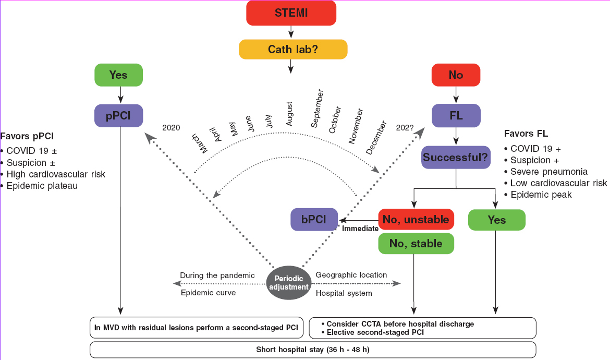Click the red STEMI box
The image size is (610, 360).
tap(291, 13)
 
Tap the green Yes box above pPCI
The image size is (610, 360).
tap(118, 75)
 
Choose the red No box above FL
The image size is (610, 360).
tap(456, 75)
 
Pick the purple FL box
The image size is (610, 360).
tap(456, 115)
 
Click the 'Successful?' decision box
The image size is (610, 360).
tap(456, 157)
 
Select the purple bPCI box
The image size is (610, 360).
tap(314, 220)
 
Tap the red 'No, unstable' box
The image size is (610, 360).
tap(416, 220)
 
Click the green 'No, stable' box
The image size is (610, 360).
tap(416, 244)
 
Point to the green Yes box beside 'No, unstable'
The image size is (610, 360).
tap(496, 220)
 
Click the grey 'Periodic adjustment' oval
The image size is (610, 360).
tap(288, 283)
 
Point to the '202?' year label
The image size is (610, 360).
tap(405, 127)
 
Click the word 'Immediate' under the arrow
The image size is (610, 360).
tap(359, 229)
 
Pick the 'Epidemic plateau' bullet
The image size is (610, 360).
tap(42, 186)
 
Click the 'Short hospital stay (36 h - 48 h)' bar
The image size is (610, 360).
tap(313, 349)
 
